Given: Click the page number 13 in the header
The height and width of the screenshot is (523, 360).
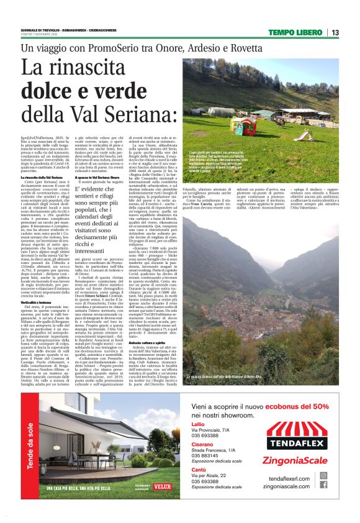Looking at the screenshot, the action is (x=335, y=32).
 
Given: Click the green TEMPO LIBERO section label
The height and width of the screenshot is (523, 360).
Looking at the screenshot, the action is (x=294, y=32).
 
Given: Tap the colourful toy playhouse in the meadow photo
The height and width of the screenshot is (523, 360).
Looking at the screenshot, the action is (x=243, y=125).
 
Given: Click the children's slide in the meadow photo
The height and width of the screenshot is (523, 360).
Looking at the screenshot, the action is (x=303, y=134).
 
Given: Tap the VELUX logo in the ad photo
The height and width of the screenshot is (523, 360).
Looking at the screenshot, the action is (x=163, y=488).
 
